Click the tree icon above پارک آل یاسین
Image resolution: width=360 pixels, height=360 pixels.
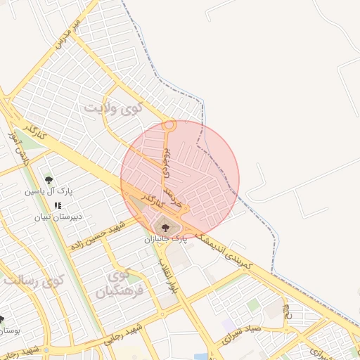point(48,180)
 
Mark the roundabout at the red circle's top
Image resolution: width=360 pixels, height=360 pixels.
point(169,126)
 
